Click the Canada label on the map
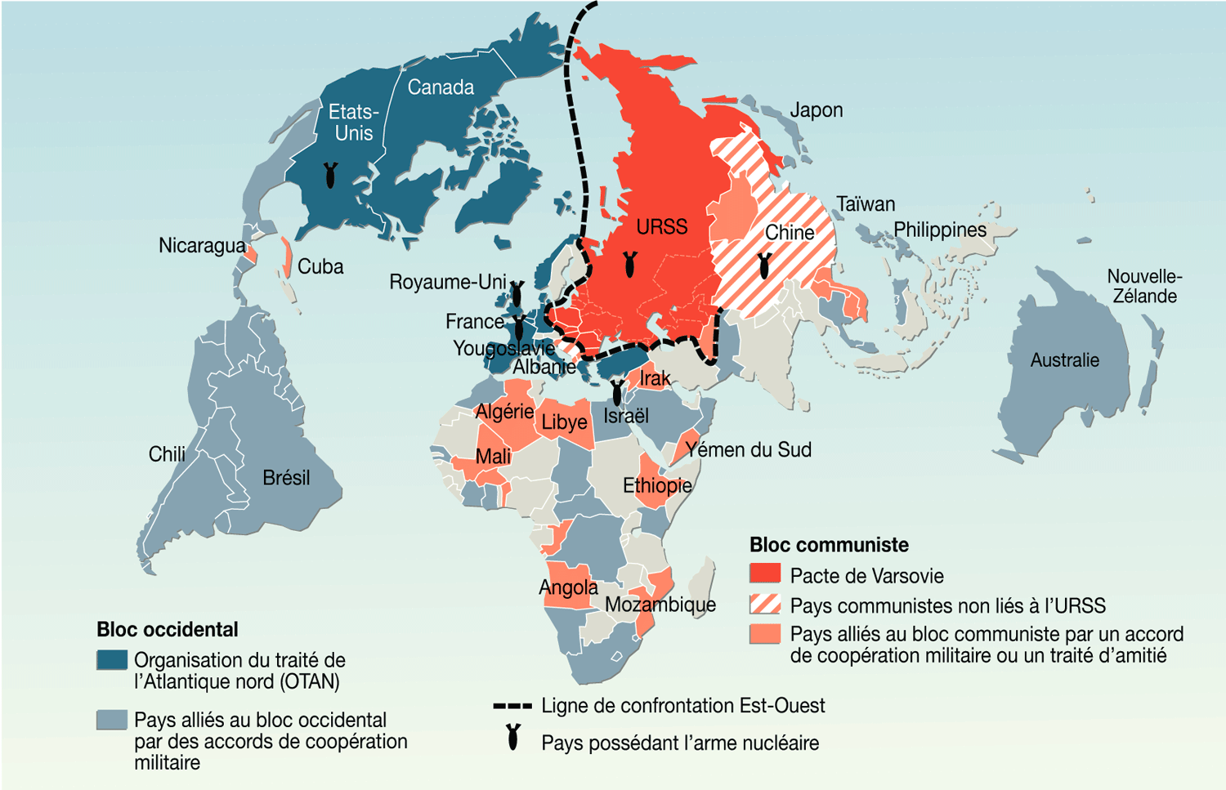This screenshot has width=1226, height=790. (441, 87)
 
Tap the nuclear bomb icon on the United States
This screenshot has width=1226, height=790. (330, 175)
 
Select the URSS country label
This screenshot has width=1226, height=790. (662, 226)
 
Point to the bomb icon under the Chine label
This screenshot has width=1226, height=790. (764, 265)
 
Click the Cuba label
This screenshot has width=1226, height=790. (320, 267)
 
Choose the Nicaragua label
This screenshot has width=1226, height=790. (201, 245)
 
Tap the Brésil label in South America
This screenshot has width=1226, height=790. (286, 478)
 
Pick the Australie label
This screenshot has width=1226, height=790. (1064, 360)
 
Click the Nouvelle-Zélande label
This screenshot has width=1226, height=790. (1144, 286)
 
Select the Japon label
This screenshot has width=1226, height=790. (816, 110)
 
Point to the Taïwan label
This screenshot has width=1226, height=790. (866, 204)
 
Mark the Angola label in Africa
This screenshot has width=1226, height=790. (568, 587)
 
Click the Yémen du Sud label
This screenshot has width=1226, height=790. (749, 450)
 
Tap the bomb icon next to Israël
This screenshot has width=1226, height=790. (617, 393)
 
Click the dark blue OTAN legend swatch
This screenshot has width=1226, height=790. (112, 660)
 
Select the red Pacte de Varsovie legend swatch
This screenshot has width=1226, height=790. (765, 574)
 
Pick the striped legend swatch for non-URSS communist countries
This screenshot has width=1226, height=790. (765, 605)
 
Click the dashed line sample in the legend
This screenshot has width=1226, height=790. (512, 706)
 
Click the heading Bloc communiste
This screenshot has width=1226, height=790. (829, 545)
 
